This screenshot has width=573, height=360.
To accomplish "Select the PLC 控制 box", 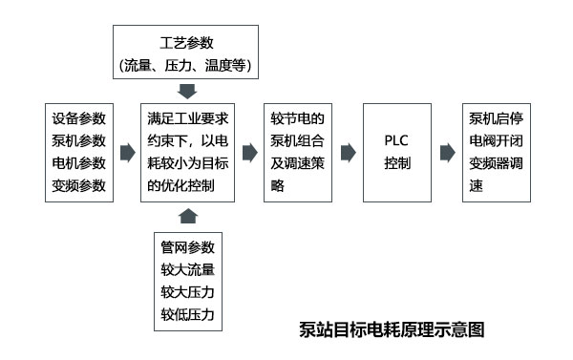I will (398, 152).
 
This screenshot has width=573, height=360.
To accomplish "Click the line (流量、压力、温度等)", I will (188, 66).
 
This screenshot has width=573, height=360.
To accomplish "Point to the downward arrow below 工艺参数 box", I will (188, 92).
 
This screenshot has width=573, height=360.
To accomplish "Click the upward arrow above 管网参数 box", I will (188, 214).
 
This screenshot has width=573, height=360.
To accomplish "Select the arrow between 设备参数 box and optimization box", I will (126, 152).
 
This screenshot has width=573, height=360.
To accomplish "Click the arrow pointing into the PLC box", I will (348, 152).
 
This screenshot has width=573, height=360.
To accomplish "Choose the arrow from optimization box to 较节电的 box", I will (249, 152).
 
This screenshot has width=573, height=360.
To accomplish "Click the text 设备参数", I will (79, 119).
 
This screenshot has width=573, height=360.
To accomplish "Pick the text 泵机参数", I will (79, 141).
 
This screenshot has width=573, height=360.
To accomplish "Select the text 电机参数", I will (79, 163).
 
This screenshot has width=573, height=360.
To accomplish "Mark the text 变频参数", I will (79, 185).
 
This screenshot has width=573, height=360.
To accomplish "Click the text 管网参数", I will (188, 246).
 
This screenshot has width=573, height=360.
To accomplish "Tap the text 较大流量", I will (188, 268).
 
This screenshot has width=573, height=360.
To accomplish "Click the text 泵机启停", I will (496, 119).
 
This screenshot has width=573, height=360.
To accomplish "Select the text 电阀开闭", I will (496, 141).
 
